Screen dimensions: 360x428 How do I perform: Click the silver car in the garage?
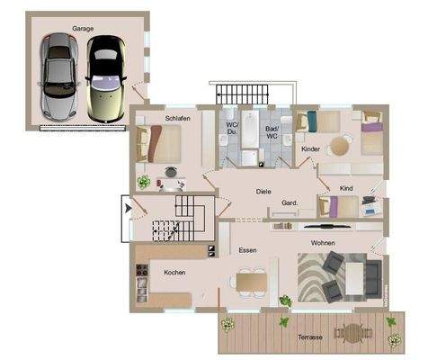pos(57,77)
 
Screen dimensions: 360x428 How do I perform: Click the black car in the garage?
pos(104,77)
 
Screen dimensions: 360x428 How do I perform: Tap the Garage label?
pos(84,29)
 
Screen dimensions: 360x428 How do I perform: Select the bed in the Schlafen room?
pos(158,143)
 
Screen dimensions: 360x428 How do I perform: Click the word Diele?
pos(263,191)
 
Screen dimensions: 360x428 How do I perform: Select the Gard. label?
pos(290,202)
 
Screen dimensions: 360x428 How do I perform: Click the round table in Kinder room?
pos(339,145)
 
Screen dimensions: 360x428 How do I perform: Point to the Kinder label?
pos(310,148)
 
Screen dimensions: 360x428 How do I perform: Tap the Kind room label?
pos(347,189)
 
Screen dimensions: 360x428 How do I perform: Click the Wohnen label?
pos(323,243)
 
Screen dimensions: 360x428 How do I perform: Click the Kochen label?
pos(174,272)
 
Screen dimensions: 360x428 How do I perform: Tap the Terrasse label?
pos(309,337)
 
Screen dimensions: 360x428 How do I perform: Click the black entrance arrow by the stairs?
pos(129,210)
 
